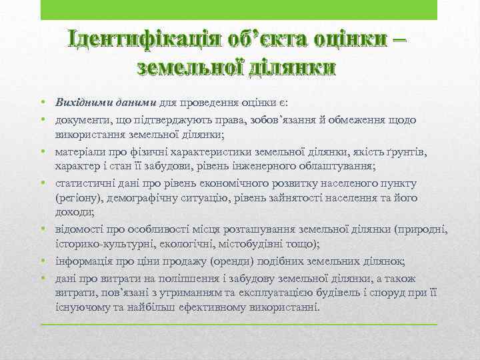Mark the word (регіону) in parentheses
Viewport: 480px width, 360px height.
point(78,198)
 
